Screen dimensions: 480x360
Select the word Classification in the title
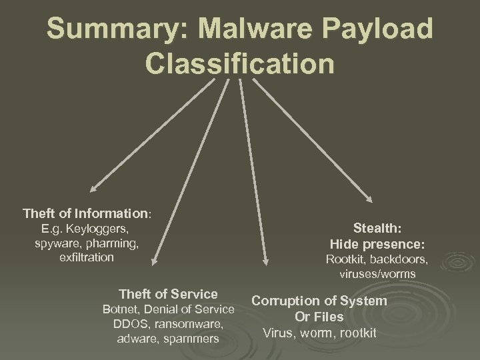[239, 64]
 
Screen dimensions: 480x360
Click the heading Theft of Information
[87, 214]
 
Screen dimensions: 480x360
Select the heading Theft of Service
[168, 294]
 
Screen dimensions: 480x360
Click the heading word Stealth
[377, 229]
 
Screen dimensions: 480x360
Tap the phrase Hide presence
[377, 244]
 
